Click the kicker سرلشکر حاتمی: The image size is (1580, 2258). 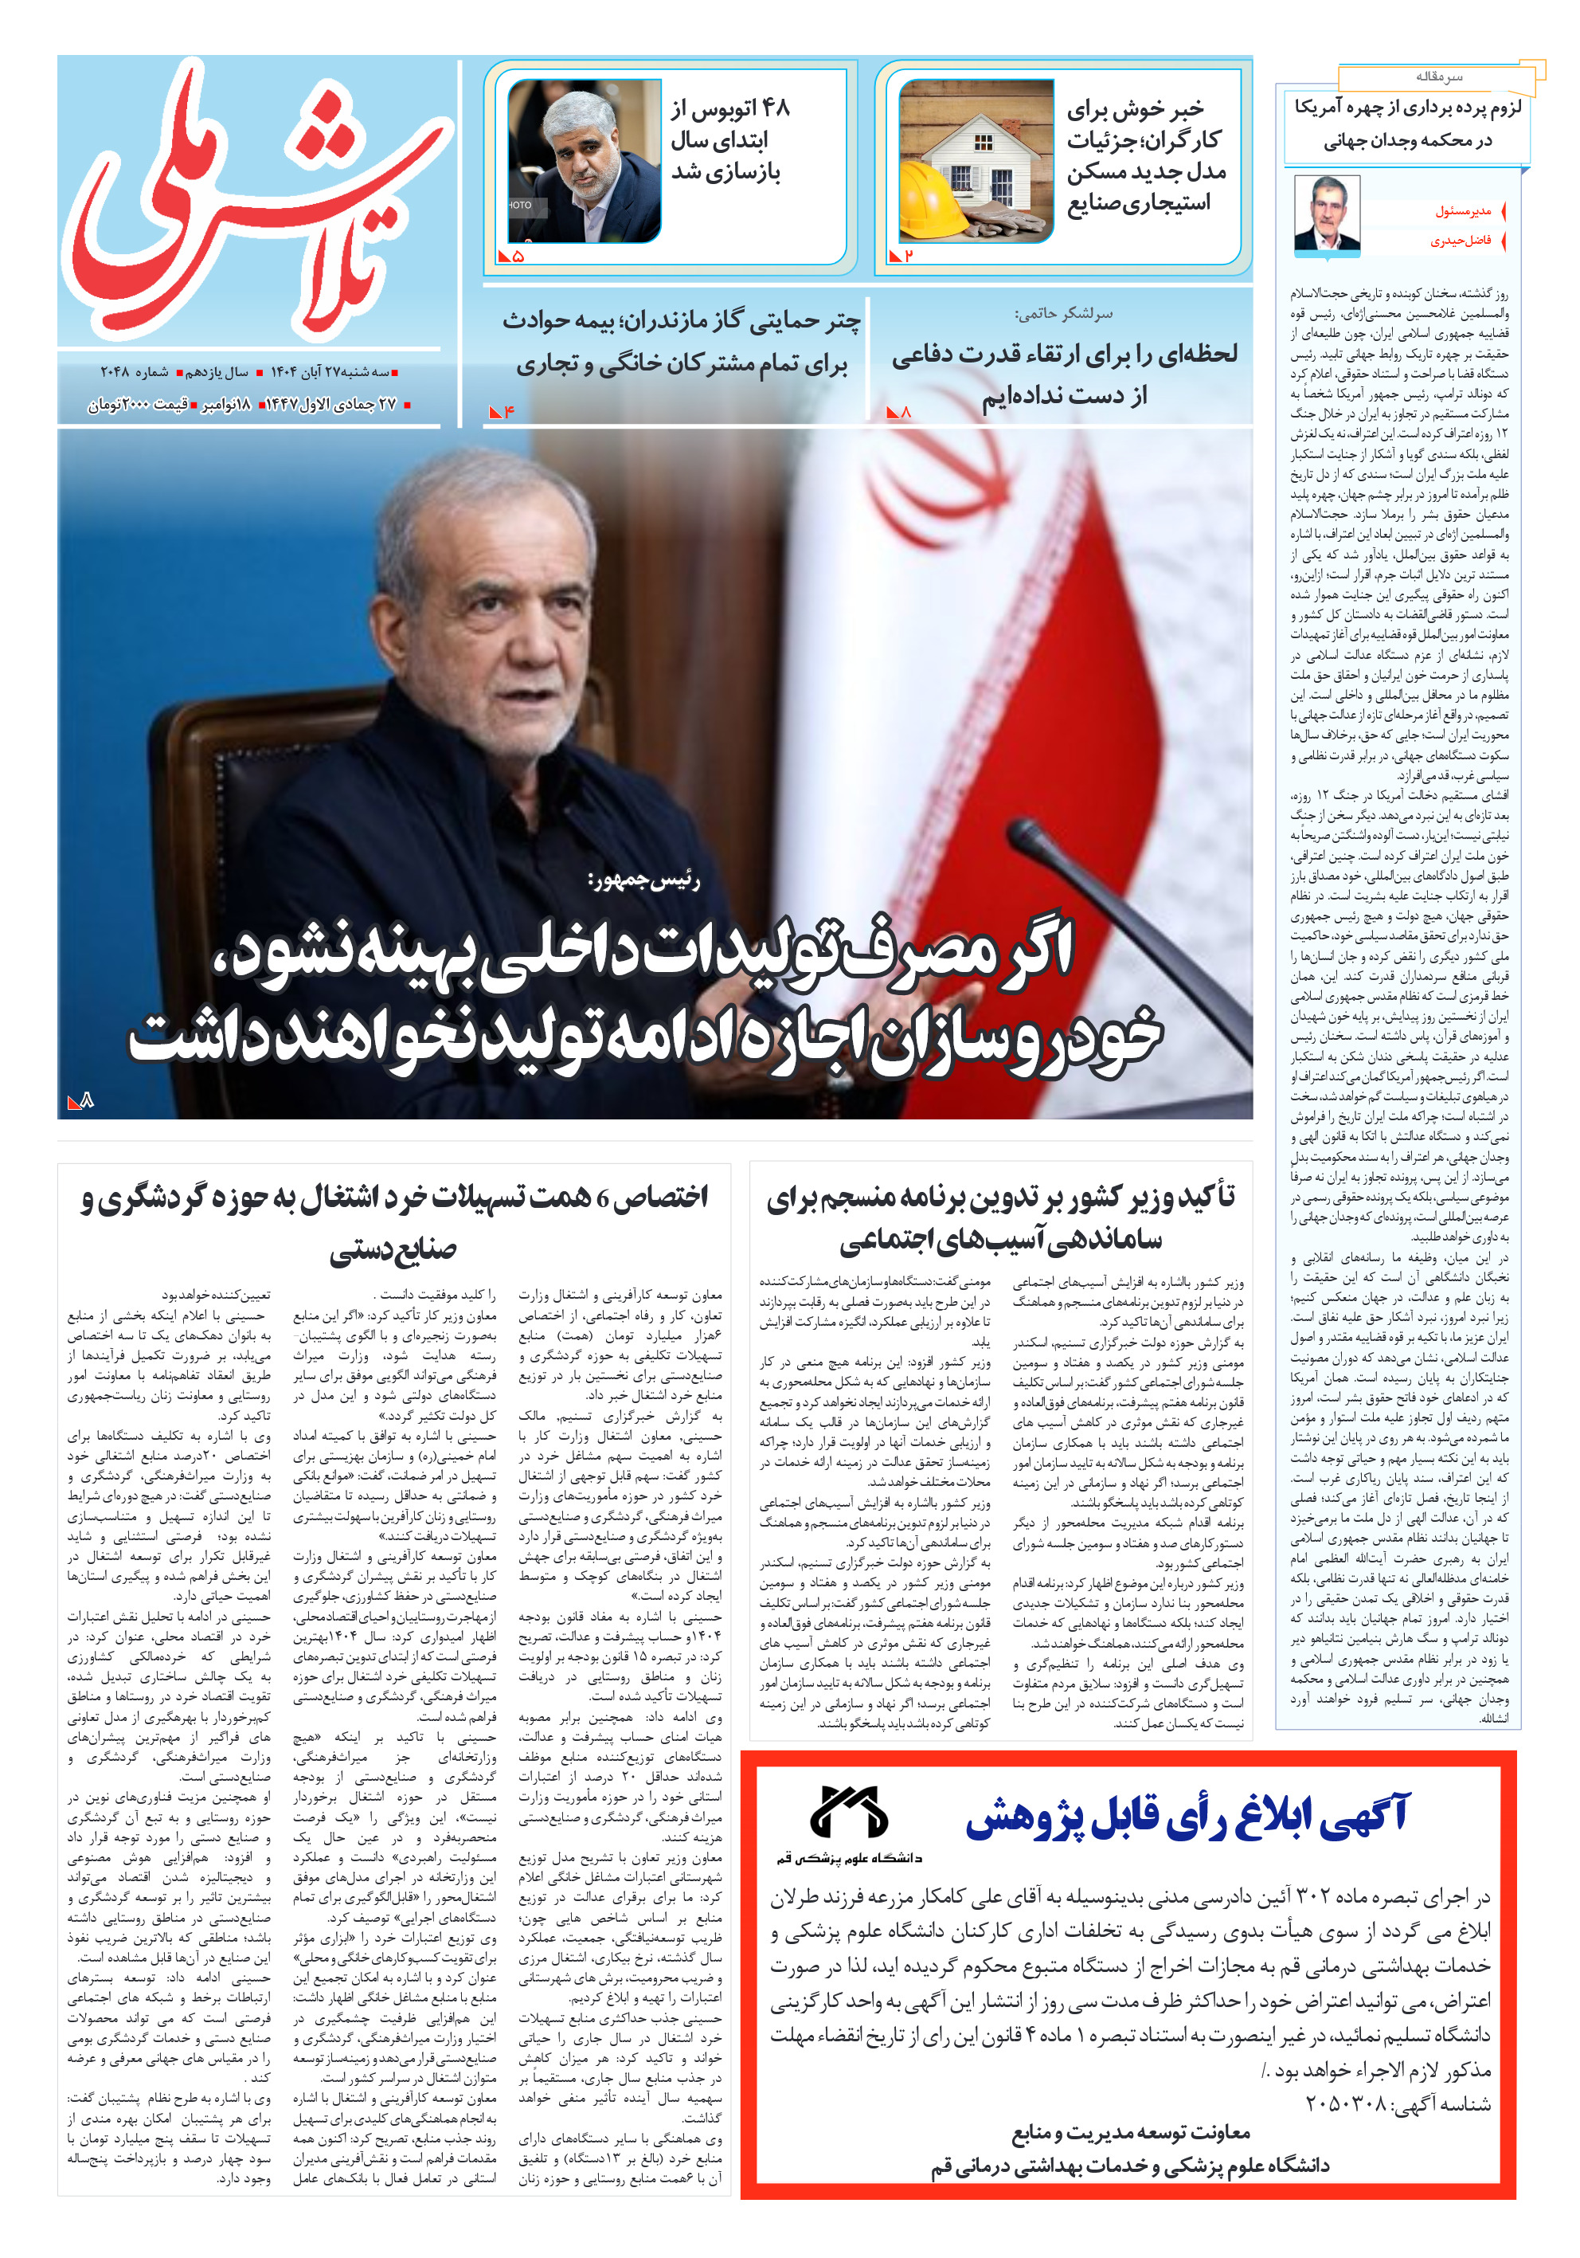(x=1063, y=314)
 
